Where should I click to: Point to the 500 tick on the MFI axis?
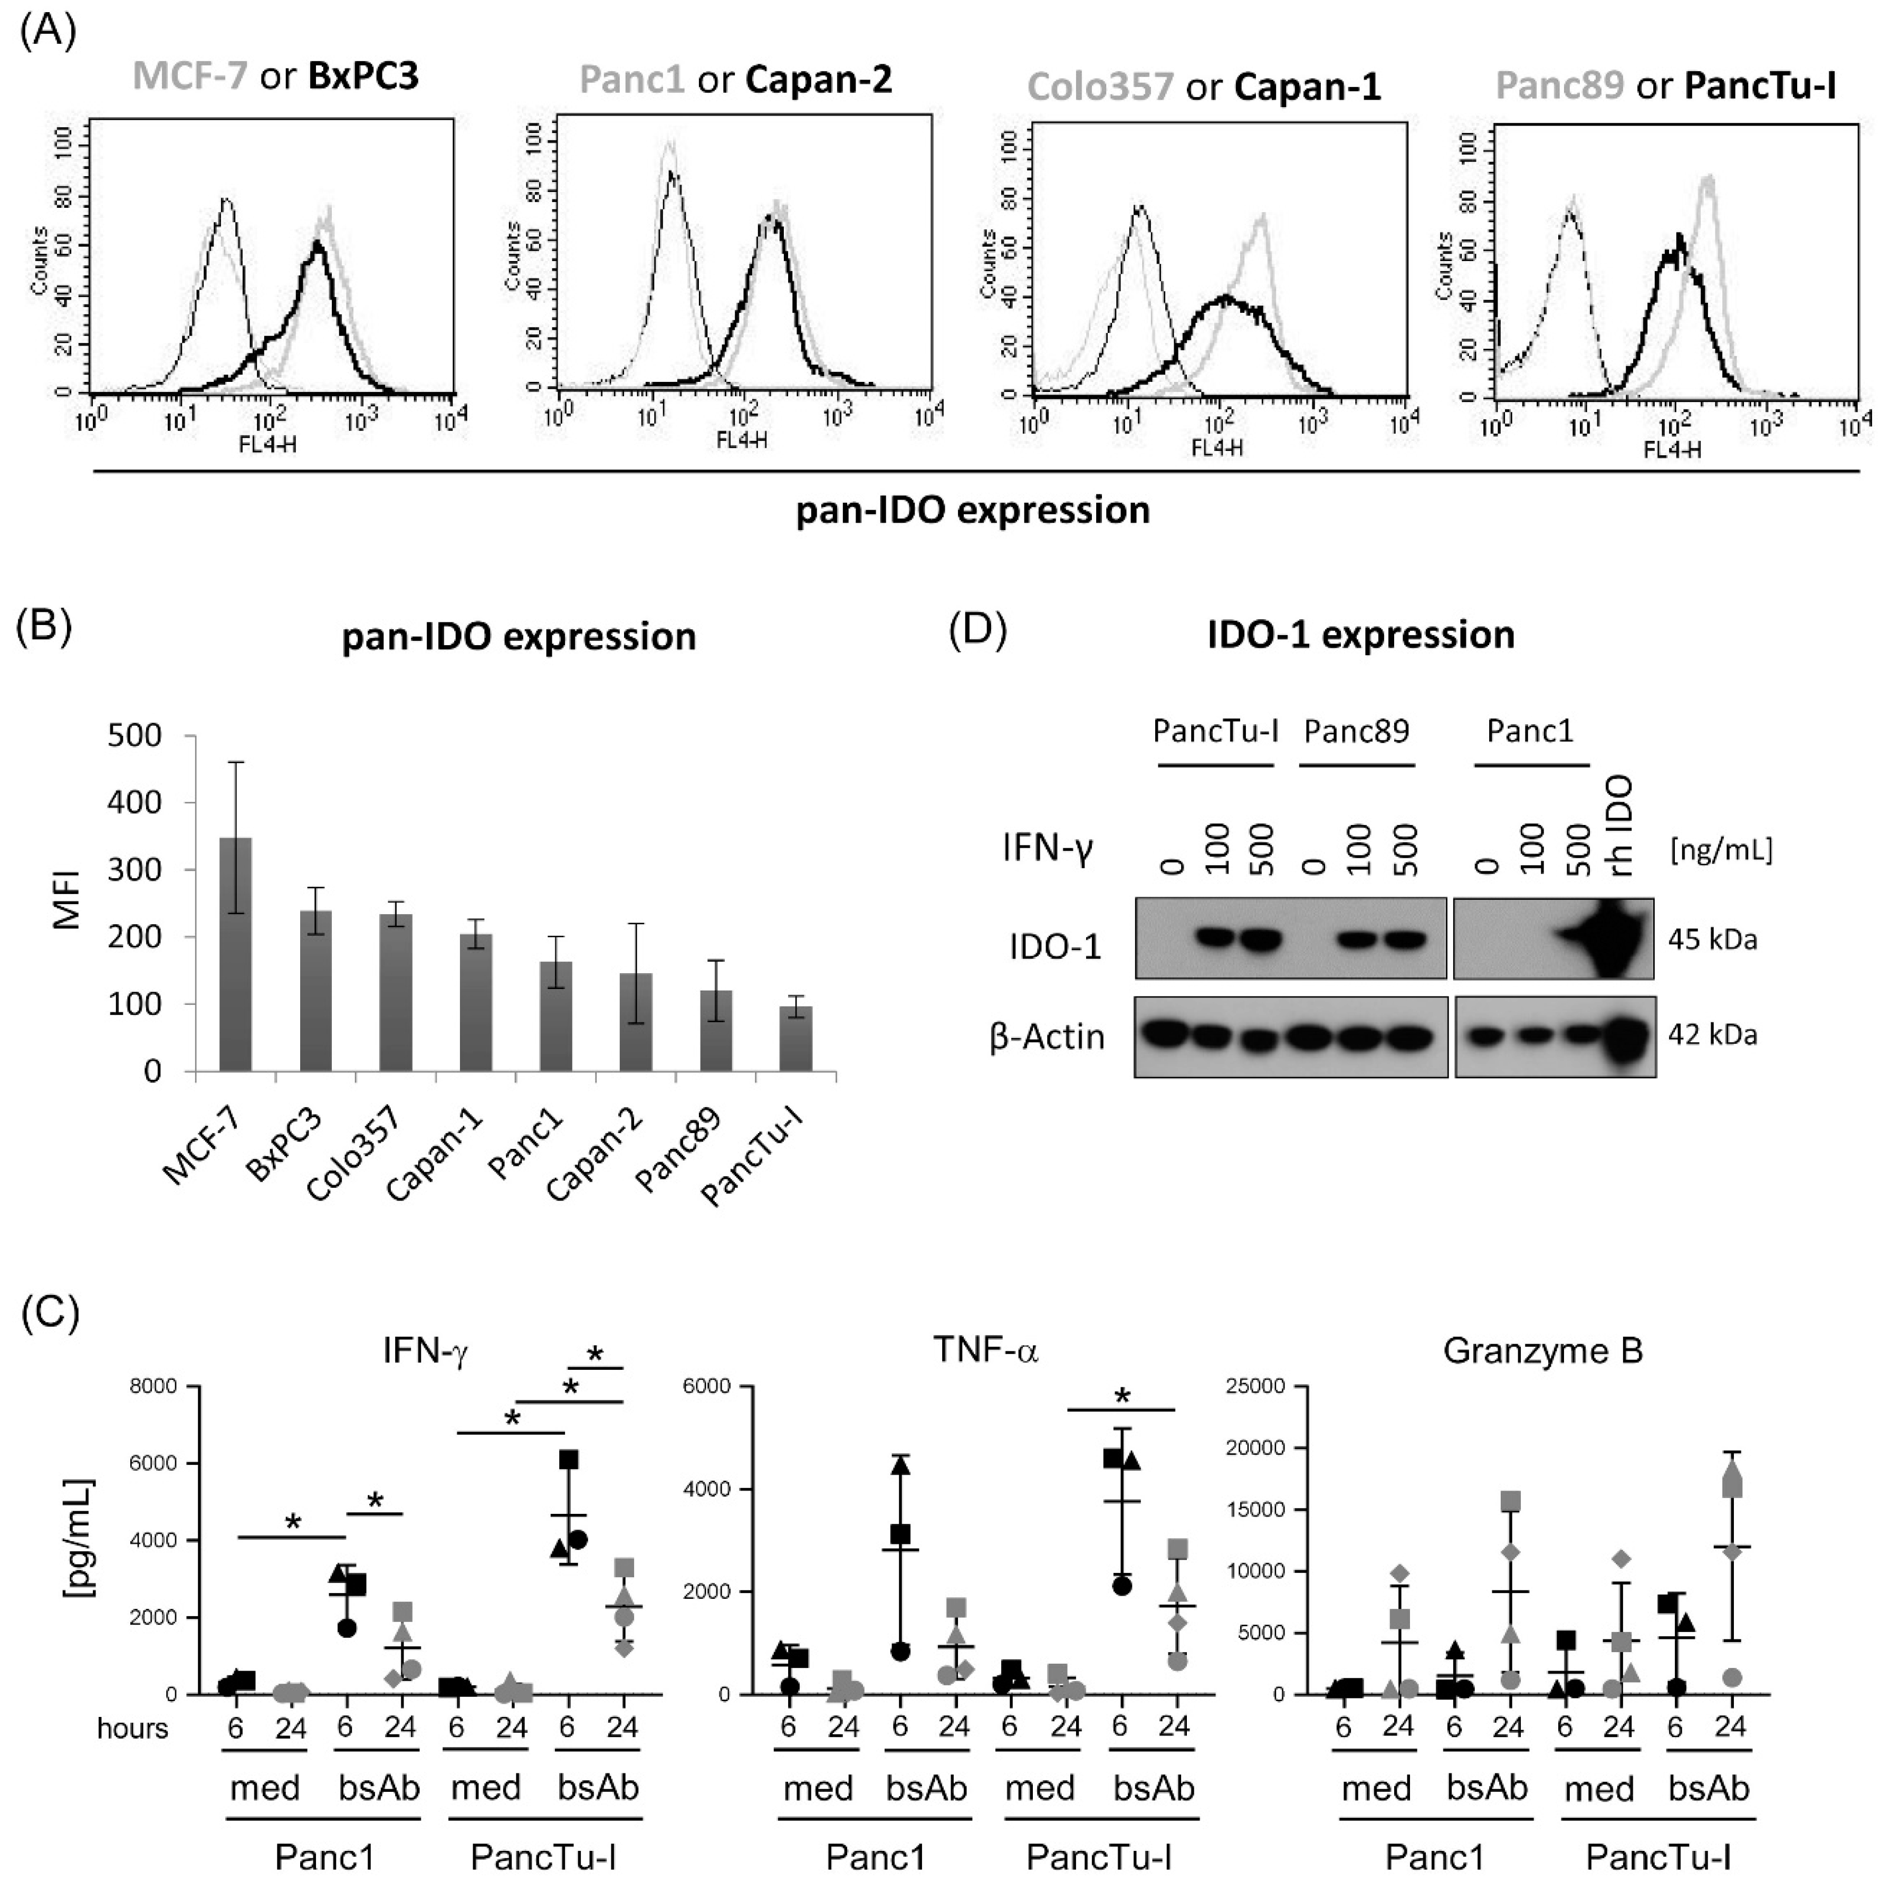pos(136,736)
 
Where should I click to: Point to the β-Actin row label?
pos(1047,1037)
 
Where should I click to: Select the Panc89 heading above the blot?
pos(1356,731)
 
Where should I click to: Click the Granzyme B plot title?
pos(1542,1351)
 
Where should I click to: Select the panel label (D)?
pos(978,632)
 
